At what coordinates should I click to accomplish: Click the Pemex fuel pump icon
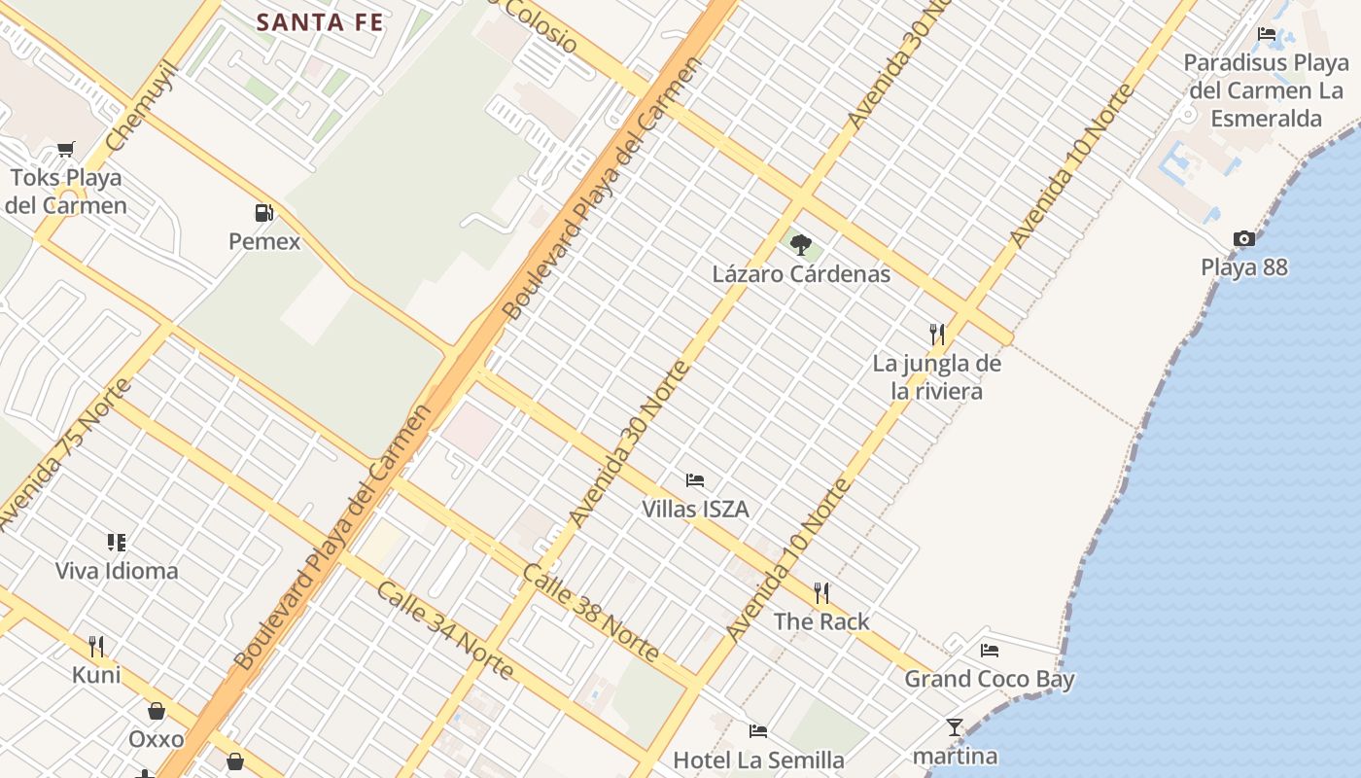[x=262, y=212]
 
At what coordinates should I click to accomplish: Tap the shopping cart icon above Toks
[x=65, y=149]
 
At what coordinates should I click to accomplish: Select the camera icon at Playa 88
[x=1243, y=238]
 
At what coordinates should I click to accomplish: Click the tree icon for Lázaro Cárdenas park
[x=800, y=244]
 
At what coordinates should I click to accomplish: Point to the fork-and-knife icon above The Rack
[x=821, y=592]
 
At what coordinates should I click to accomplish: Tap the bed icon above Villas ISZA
[x=694, y=479]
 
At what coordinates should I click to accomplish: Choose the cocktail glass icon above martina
[x=955, y=726]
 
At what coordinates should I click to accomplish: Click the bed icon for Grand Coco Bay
[x=990, y=650]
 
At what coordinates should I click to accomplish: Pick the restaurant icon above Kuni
[x=96, y=646]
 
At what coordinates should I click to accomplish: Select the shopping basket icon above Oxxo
[x=157, y=711]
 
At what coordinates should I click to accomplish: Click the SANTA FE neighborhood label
[x=320, y=22]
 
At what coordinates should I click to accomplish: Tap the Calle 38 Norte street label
[x=591, y=613]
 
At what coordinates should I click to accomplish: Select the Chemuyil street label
[x=143, y=106]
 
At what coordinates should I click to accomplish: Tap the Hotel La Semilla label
[x=758, y=760]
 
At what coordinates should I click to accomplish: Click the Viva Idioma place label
[x=117, y=571]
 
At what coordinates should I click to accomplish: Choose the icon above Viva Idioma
[x=117, y=542]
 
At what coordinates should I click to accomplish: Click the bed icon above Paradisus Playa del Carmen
[x=1267, y=34]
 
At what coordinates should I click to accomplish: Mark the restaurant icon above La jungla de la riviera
[x=936, y=335]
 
